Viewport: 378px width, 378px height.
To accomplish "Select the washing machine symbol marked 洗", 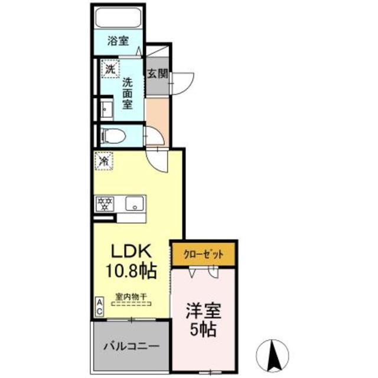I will (109, 69).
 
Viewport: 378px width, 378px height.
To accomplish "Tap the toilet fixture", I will (112, 135).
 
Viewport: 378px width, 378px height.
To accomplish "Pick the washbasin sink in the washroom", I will (106, 109).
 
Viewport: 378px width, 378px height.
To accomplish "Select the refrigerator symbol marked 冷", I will (104, 160).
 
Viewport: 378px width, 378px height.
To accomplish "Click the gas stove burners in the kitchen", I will (106, 204).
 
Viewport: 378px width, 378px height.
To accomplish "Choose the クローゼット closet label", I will (204, 255).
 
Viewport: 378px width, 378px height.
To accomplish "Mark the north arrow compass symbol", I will (273, 353).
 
